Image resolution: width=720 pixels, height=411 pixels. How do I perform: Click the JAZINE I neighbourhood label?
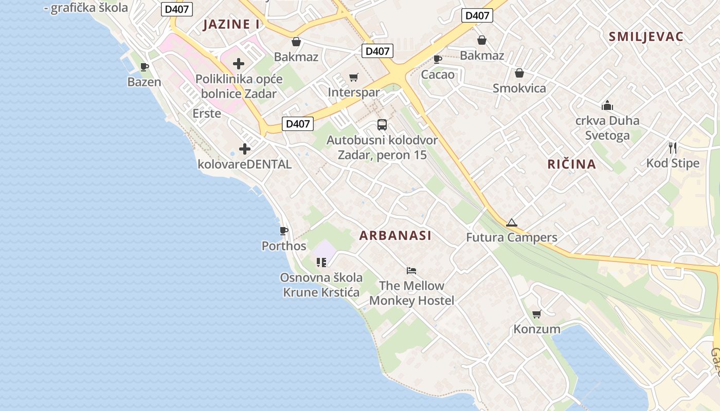coord(231,24)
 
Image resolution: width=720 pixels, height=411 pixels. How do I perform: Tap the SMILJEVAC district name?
coord(646,36)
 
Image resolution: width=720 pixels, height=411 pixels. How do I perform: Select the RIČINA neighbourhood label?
coord(571,164)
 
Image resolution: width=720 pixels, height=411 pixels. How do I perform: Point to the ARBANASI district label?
coord(395,236)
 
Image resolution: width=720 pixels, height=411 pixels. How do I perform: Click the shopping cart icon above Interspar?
coord(353,78)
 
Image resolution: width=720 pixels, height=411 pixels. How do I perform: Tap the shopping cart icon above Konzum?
coord(536,314)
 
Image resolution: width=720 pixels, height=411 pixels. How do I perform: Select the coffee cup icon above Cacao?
coord(438,60)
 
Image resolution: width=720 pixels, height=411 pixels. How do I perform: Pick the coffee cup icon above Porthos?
coord(283,231)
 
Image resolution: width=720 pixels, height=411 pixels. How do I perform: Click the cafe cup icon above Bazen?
coord(145,67)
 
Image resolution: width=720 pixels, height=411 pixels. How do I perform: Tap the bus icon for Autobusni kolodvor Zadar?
coord(382,124)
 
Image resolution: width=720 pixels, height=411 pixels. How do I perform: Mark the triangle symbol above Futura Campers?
coord(511,223)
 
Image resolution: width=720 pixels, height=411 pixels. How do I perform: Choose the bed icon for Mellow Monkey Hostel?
coord(411,270)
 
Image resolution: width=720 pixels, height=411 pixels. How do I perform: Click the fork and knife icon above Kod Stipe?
coord(673,148)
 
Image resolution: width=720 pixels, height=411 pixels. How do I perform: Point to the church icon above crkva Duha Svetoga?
coord(607,106)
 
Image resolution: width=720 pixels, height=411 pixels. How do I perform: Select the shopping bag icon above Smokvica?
coord(519,73)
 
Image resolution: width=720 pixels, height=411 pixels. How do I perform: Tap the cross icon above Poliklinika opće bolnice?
coord(239,64)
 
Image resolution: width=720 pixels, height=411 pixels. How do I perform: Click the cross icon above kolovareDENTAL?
coord(245,149)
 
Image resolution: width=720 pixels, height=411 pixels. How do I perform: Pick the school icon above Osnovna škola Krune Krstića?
coord(321,263)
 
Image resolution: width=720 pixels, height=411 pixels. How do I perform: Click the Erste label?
coord(207,114)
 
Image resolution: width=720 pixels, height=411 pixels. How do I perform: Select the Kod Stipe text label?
coord(673,163)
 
